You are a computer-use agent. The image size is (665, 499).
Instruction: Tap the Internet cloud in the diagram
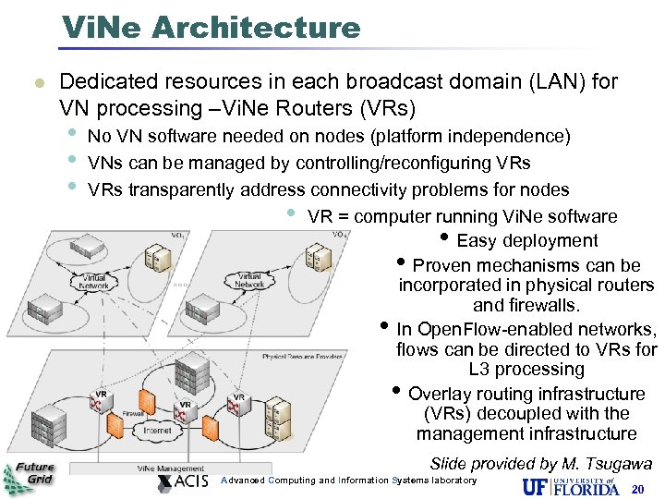click(x=157, y=431)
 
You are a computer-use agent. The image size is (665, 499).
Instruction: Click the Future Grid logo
click(x=30, y=477)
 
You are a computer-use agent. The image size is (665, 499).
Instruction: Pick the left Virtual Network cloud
click(x=94, y=282)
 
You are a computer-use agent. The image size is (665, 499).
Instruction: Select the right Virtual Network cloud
click(x=249, y=280)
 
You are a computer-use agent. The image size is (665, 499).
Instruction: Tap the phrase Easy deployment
click(x=527, y=241)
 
